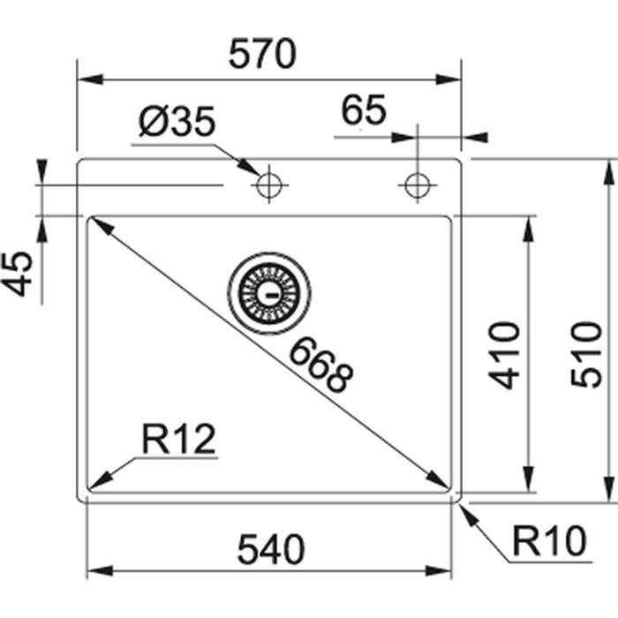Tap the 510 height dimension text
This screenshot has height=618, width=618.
click(x=586, y=354)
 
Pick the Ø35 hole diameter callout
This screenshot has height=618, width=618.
click(x=177, y=123)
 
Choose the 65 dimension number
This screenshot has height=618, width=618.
click(x=364, y=111)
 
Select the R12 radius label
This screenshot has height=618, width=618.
click(x=177, y=439)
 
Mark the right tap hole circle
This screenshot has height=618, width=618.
click(x=415, y=185)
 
